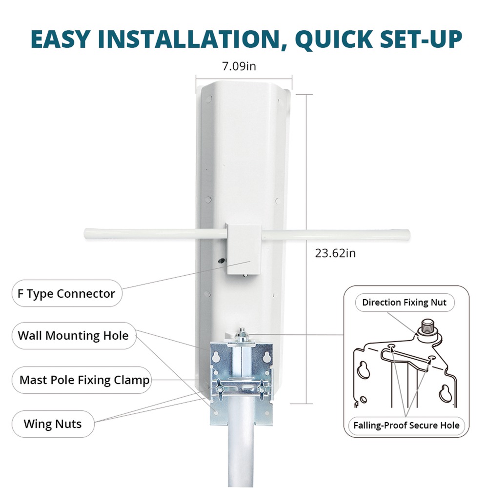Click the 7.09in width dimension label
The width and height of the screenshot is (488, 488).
(239, 66)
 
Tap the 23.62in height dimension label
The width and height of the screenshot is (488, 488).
(335, 253)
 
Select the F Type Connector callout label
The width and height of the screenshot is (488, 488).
(66, 293)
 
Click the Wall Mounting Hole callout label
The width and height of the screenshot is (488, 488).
(74, 336)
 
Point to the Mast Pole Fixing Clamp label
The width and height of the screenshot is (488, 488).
(81, 380)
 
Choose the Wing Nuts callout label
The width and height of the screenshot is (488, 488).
(53, 424)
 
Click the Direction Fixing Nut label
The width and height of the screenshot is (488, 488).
(405, 302)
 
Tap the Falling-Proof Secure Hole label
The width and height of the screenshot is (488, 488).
(406, 425)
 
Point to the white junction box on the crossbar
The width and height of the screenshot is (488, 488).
(244, 249)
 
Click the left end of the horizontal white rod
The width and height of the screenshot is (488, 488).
(85, 234)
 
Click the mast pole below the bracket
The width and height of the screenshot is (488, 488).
(241, 454)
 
